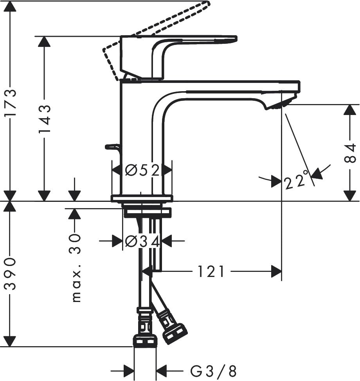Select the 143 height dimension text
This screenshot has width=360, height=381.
(x=45, y=119)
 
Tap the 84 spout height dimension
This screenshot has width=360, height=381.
(x=350, y=153)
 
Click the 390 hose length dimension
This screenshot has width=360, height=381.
(x=11, y=274)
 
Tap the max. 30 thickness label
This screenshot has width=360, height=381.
(x=75, y=268)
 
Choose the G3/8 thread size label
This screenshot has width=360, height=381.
(x=213, y=370)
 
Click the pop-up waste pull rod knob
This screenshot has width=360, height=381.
(x=112, y=147)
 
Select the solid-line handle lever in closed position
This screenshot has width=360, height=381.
(x=176, y=45)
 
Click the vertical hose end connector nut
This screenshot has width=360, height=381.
(x=145, y=341)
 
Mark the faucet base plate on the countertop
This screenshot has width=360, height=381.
(x=142, y=198)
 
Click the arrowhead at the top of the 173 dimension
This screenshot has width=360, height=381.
(x=11, y=6)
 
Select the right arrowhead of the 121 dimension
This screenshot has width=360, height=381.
(x=276, y=271)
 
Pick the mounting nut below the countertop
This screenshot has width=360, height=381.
(x=147, y=212)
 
